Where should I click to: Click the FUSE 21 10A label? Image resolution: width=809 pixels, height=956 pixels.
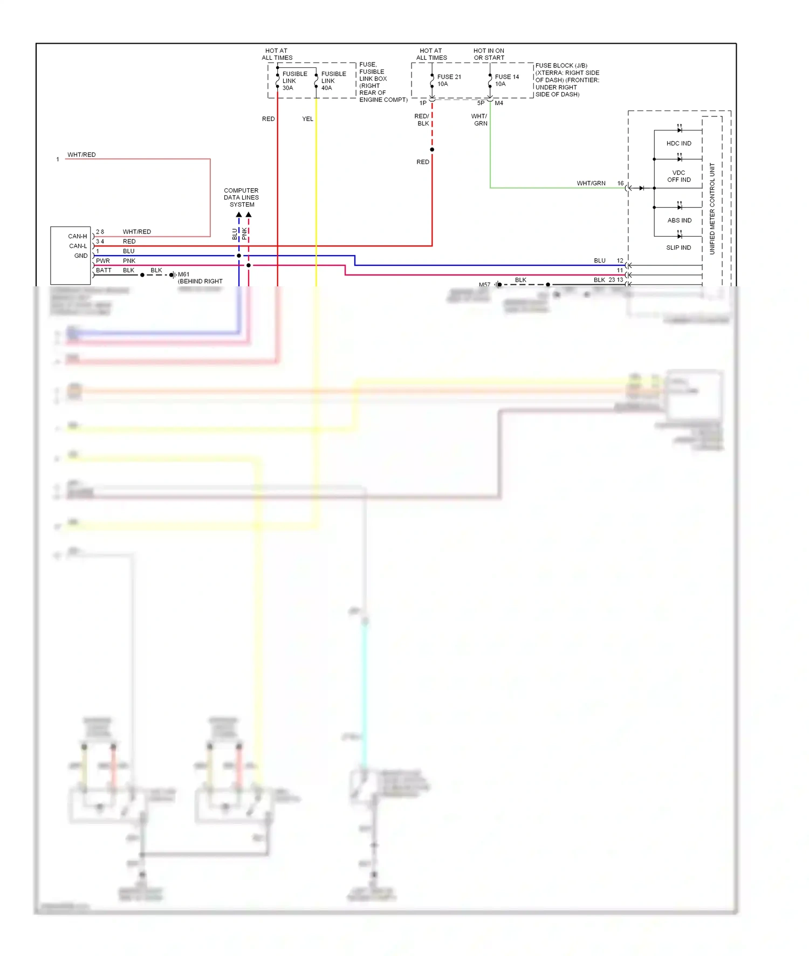pos(449,80)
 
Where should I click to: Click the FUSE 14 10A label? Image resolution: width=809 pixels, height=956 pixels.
pos(506,80)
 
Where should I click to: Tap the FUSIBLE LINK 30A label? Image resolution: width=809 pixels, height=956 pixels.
pos(294,81)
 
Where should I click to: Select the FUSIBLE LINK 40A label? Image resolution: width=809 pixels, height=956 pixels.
pos(333,81)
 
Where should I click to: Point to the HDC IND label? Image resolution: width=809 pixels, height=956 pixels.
pos(678,143)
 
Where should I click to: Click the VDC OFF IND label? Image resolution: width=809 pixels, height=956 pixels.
pos(678,176)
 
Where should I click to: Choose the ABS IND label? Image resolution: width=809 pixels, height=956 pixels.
pos(679,221)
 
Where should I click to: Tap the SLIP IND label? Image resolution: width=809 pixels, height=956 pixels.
pos(678,248)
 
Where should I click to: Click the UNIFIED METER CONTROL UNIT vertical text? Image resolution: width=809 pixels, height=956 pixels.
pos(712,209)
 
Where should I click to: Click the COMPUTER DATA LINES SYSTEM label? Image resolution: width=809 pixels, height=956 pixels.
pos(241,198)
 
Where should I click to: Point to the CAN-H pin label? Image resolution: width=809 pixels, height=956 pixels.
pos(77,236)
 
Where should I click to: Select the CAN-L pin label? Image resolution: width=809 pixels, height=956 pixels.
pos(78,246)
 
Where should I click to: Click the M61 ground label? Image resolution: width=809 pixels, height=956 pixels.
pos(183,274)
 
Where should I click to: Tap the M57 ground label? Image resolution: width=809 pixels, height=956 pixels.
pos(484,285)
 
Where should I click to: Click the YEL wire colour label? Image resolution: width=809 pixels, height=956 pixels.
pos(307,119)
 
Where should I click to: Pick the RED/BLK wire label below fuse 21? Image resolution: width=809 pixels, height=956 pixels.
pos(422,120)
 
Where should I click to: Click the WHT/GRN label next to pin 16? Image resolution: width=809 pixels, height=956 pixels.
pos(591,183)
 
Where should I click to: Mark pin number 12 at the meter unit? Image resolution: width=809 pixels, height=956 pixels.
pos(620,260)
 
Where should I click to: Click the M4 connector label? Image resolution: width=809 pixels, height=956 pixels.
pos(499,103)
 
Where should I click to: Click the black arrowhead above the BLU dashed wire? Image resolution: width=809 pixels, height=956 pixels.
pos(239,215)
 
